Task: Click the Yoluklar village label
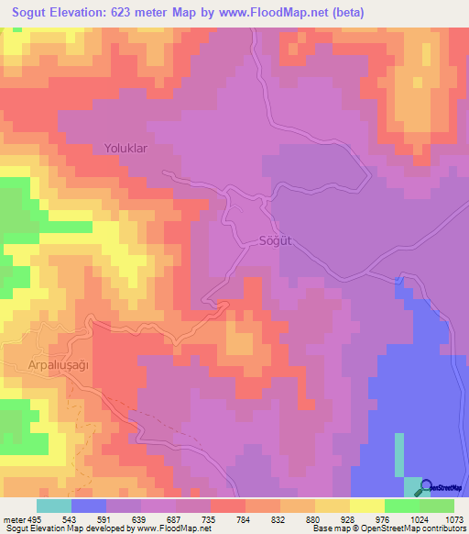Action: coord(125,147)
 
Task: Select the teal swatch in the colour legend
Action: coord(54,506)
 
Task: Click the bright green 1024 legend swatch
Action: coord(402,506)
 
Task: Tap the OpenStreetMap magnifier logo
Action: coord(427,487)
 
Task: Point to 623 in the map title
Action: coord(127,12)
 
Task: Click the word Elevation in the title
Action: coord(78,12)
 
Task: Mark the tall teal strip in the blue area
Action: coord(398,454)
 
